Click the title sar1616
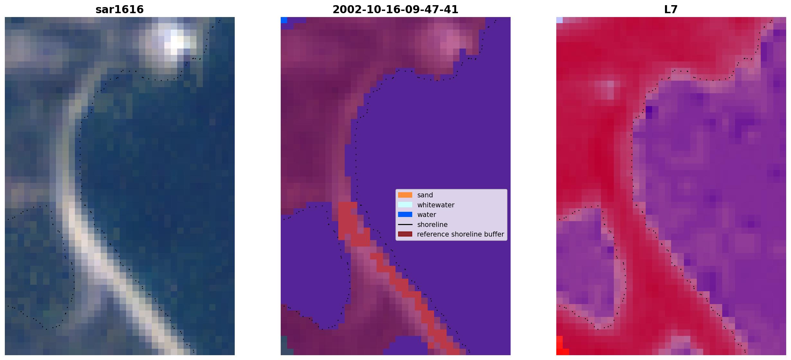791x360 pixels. (x=119, y=9)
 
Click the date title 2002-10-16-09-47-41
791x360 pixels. (x=395, y=9)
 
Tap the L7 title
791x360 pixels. (x=671, y=9)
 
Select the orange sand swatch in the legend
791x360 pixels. (x=405, y=195)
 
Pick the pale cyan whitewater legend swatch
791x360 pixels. (x=405, y=205)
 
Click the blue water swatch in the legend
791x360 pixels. (x=405, y=214)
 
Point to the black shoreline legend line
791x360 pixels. (x=405, y=224)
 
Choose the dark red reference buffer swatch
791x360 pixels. (x=405, y=234)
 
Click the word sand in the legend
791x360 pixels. (x=425, y=195)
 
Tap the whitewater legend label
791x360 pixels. (x=436, y=205)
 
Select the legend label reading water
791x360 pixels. (x=427, y=215)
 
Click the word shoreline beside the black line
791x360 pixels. (x=432, y=224)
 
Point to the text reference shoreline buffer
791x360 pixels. (x=460, y=234)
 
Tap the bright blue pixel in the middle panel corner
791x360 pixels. (x=284, y=20)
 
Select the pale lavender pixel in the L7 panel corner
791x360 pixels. (x=559, y=20)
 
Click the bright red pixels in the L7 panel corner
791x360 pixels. (x=561, y=347)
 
